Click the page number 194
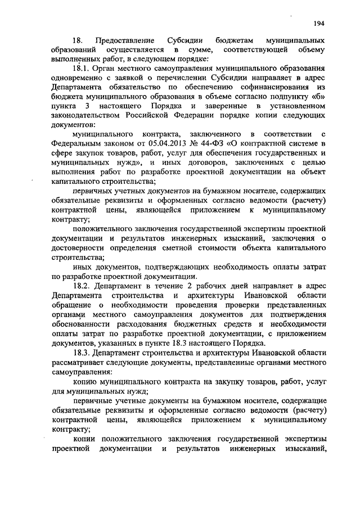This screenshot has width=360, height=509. pos(320,23)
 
